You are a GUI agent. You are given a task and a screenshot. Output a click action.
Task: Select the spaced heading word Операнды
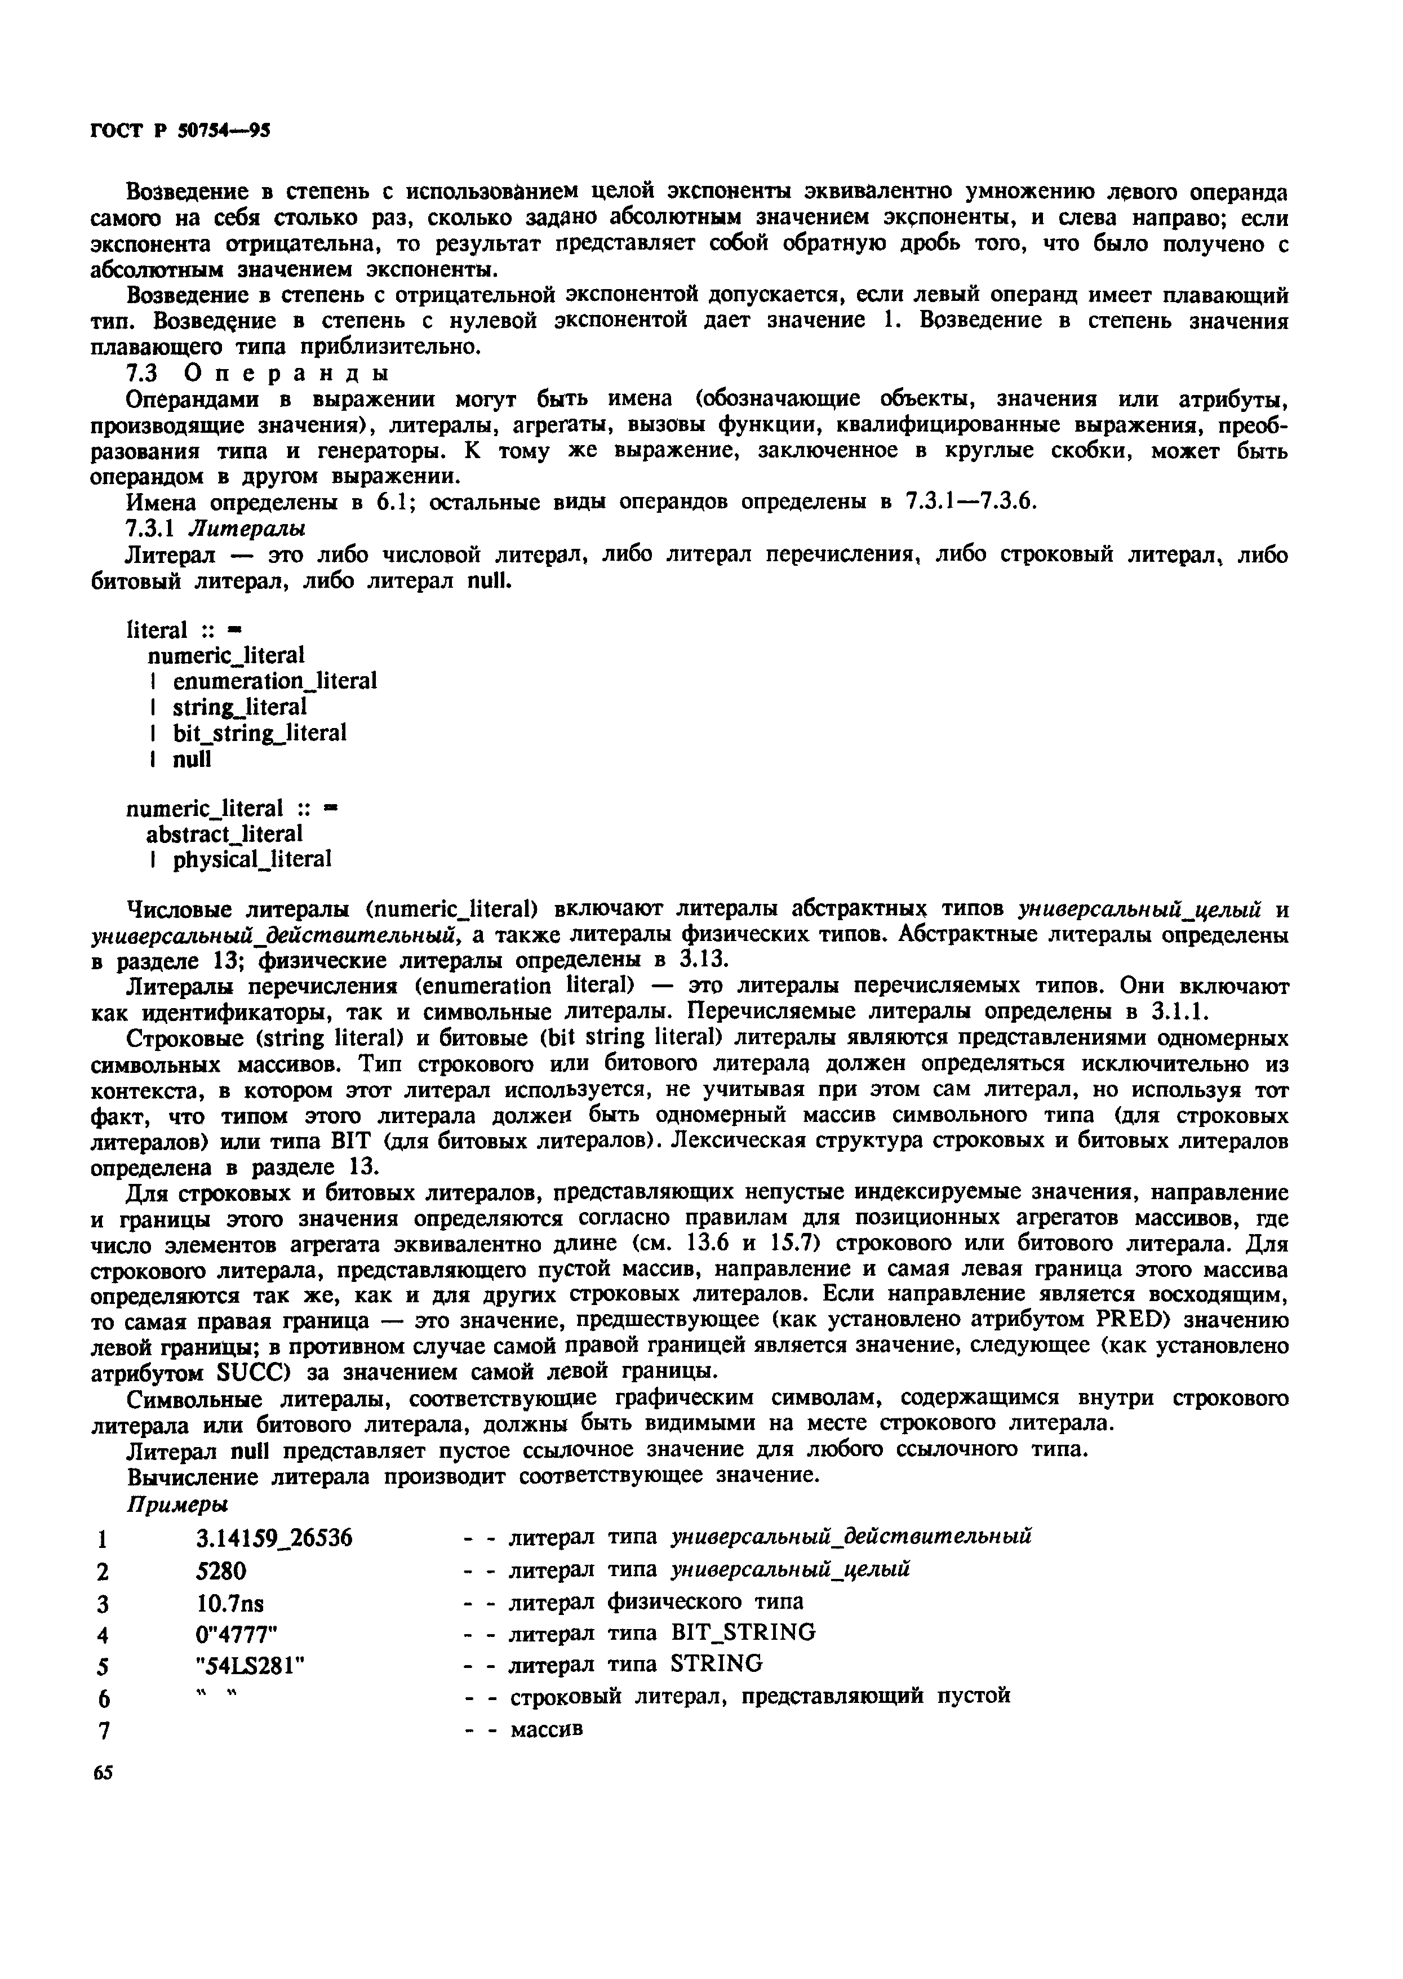pos(287,373)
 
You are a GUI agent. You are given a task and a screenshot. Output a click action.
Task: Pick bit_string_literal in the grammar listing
pos(259,733)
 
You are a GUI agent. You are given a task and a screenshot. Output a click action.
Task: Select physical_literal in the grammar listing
pos(251,859)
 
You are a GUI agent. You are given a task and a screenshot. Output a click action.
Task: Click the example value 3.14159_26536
pos(275,1538)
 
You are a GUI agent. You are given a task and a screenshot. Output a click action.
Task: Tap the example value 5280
pos(221,1569)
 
